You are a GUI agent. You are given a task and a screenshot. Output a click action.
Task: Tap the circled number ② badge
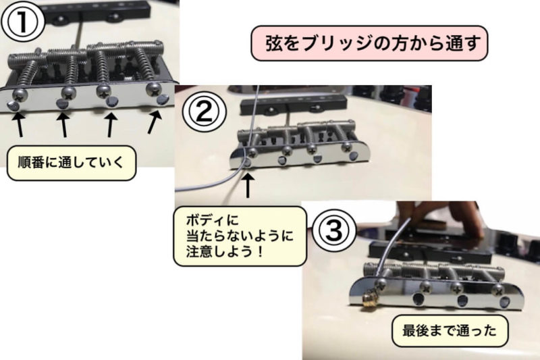(205, 111)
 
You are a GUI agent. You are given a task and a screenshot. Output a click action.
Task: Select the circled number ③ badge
(334, 230)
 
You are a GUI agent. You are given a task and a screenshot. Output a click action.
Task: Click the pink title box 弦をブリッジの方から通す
(369, 43)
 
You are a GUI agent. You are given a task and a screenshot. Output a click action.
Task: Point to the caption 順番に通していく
(72, 163)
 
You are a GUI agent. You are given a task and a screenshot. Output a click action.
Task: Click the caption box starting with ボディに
(240, 236)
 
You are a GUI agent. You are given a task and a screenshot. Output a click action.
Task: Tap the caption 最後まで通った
(450, 331)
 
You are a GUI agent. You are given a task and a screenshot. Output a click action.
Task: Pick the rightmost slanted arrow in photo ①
(155, 122)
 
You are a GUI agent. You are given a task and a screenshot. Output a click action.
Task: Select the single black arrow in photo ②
(248, 185)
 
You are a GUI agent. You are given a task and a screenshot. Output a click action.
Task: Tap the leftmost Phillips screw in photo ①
(20, 94)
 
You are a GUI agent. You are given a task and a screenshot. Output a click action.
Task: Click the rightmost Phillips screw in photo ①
(154, 88)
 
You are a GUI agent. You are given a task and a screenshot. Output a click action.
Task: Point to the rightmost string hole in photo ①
(162, 100)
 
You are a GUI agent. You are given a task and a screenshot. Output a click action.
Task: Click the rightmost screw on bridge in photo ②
(347, 148)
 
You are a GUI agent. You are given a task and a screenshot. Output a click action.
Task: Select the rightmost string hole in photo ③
(506, 303)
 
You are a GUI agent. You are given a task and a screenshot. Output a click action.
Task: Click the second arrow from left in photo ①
(63, 124)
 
